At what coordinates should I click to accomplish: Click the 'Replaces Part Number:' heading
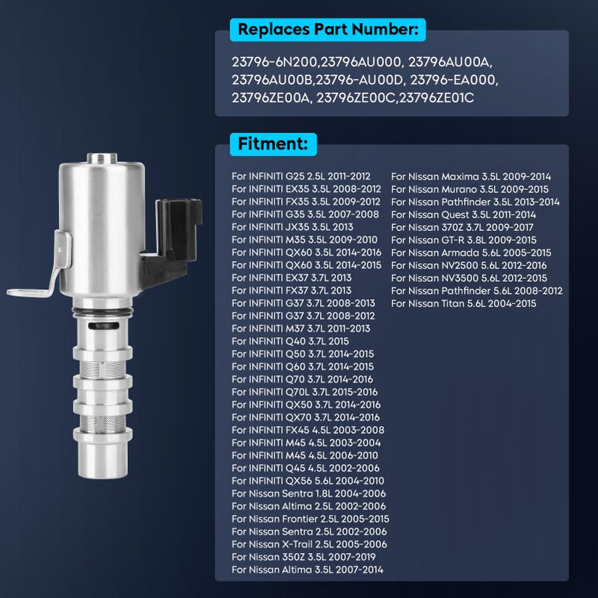(x=327, y=29)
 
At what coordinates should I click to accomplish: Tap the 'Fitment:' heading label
(x=273, y=144)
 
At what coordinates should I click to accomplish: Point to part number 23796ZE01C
(x=437, y=98)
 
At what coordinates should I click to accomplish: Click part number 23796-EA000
(x=454, y=80)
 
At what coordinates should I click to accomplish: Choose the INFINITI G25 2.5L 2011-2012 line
(x=301, y=176)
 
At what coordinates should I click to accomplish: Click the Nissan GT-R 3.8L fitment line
(x=463, y=240)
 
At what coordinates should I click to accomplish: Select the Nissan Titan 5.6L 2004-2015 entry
(x=463, y=303)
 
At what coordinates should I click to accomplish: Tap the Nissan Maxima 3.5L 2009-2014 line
(x=471, y=176)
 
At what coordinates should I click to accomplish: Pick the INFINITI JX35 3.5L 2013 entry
(x=292, y=227)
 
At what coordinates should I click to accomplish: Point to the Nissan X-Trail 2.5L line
(x=309, y=544)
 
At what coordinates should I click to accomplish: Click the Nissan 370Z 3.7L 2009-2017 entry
(x=462, y=227)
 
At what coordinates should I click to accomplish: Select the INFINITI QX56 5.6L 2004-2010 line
(x=308, y=481)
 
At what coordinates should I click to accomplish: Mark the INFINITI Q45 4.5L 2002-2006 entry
(x=306, y=468)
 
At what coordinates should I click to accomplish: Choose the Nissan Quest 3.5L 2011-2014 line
(x=463, y=215)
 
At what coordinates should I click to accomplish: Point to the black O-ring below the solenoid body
(x=102, y=312)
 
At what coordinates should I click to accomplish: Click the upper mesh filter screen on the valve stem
(x=102, y=369)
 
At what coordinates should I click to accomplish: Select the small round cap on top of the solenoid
(x=102, y=158)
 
